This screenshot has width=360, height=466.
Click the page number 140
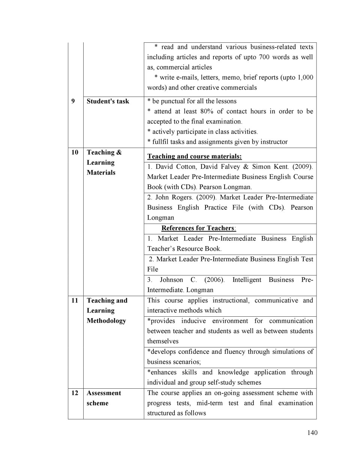[x=312, y=433]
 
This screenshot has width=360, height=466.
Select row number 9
[x=73, y=101]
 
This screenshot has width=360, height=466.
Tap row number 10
[x=75, y=152]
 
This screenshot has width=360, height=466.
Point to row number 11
[x=75, y=301]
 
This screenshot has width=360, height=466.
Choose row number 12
[x=75, y=393]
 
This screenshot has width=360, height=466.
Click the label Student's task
[x=108, y=101]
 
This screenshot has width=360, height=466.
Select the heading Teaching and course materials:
[x=194, y=156]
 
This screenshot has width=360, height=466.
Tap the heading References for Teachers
[x=198, y=228]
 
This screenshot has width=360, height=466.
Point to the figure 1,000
[x=305, y=77]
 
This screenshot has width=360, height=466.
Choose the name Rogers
[x=182, y=197]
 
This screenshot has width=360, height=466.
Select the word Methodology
[x=106, y=321]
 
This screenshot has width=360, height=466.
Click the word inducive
[x=193, y=321]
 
